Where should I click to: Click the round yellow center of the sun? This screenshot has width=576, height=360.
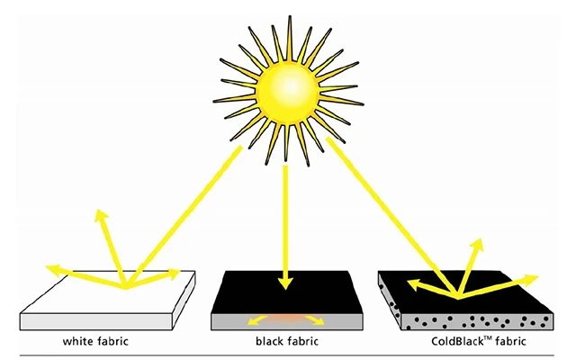(x=288, y=91)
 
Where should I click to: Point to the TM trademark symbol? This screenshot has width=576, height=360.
(x=488, y=338)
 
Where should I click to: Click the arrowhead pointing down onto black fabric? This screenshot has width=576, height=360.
(x=285, y=283)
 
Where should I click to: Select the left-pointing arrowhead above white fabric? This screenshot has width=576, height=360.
(x=53, y=270)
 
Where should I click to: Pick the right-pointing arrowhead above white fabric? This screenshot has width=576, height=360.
(x=173, y=274)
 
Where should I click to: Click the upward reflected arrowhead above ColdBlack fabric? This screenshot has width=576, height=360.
(x=477, y=245)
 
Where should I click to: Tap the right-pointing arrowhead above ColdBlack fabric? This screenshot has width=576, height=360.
(x=531, y=280)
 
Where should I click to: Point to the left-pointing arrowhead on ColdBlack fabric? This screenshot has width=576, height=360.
(x=414, y=284)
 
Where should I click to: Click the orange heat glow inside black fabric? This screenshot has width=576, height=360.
(x=286, y=319)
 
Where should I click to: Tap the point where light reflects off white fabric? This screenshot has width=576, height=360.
(x=126, y=286)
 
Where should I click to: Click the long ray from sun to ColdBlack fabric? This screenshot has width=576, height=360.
(x=391, y=217)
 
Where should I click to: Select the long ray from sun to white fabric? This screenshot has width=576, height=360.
(x=184, y=216)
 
